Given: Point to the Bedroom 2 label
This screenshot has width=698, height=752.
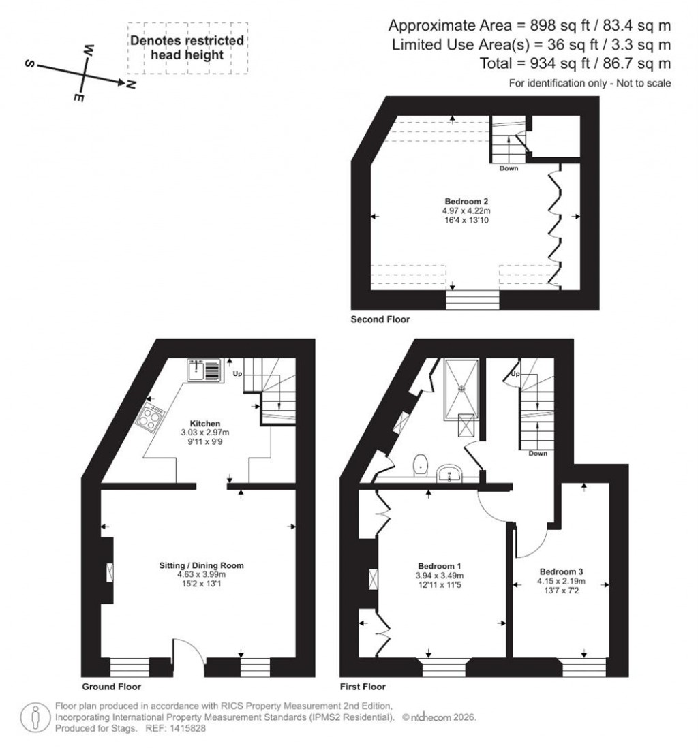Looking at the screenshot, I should [x=466, y=202].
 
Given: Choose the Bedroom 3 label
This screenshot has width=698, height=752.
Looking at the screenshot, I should [x=561, y=571].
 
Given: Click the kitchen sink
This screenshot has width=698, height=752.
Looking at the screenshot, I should [x=202, y=369].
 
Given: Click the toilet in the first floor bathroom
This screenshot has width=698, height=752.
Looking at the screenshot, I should [x=421, y=463].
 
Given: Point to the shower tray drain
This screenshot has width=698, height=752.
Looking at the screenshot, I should [x=461, y=389].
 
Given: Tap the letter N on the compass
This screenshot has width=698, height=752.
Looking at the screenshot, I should [x=131, y=85].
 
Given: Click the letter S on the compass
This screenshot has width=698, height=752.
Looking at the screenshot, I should [x=30, y=64].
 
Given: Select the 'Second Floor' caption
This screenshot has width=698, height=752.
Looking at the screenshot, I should [x=380, y=319].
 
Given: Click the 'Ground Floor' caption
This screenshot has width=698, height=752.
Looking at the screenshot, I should [x=111, y=687].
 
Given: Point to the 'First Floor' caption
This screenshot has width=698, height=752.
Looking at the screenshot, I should [x=363, y=687].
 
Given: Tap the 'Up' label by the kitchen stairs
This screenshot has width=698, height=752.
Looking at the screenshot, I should [x=237, y=375].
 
